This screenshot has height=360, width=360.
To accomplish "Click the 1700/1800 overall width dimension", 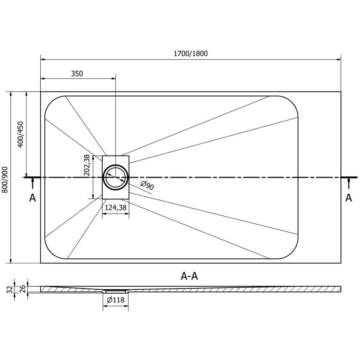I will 190,54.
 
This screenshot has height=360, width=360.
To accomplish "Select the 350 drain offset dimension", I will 77,74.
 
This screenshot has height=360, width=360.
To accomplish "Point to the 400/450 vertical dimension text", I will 21,134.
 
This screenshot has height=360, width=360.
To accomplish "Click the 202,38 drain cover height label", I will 87,165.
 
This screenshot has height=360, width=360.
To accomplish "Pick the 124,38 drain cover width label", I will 116,207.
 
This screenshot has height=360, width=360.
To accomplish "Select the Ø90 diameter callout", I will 147,186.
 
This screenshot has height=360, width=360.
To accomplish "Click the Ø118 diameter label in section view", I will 116,300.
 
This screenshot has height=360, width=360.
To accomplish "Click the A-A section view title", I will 189,276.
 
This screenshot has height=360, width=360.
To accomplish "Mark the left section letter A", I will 32,198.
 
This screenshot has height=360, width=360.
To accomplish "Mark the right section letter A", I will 348,198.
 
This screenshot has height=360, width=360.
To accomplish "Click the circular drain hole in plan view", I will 115,177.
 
